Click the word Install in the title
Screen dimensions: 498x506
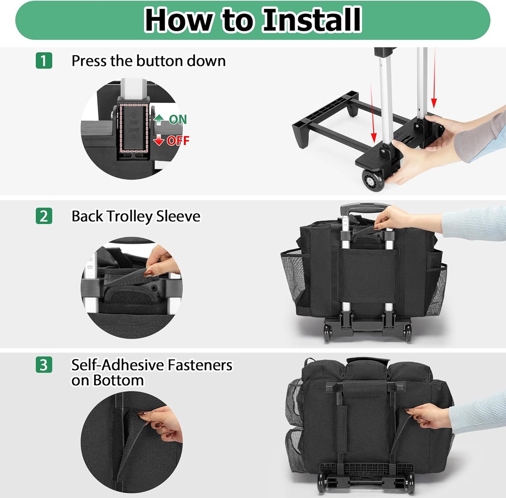pos(312,20)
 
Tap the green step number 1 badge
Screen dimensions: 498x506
pos(44,61)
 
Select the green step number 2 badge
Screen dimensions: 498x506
pos(44,216)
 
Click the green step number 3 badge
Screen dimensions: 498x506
pos(44,365)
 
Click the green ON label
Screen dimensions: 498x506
pos(178,120)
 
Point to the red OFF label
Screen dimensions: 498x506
pos(178,141)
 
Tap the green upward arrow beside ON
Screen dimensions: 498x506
pos(159,120)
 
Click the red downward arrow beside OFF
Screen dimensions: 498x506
pos(159,140)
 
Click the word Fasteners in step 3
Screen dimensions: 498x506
pos(200,365)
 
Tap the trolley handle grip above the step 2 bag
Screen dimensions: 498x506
pos(365,207)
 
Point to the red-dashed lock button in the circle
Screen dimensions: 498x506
pos(133,128)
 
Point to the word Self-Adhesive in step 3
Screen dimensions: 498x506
pos(117,365)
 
